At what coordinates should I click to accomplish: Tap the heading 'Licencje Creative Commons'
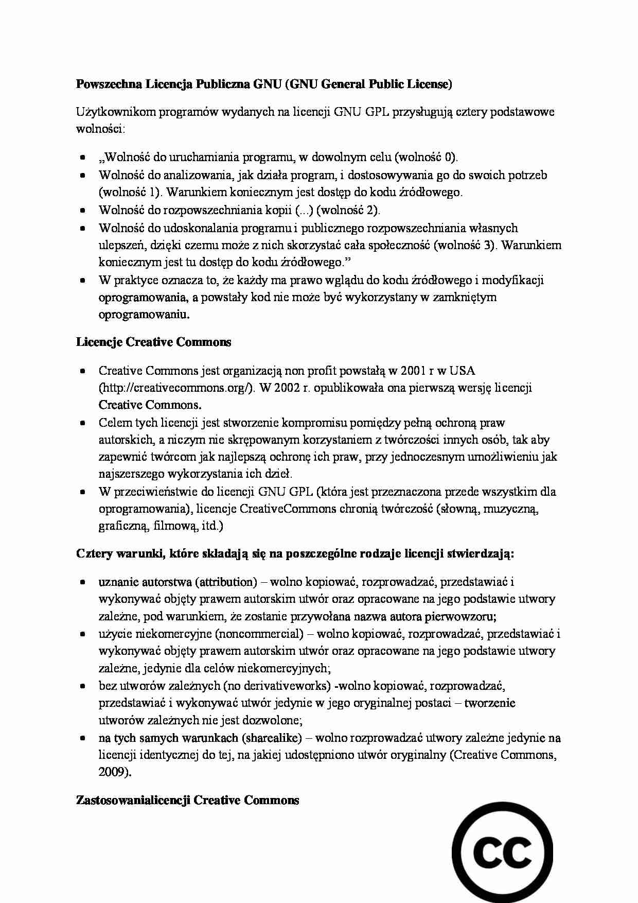(153, 342)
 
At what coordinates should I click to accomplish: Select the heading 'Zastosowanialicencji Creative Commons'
(187, 801)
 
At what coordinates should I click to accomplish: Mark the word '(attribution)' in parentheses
(226, 582)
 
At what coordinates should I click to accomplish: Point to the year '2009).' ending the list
(115, 772)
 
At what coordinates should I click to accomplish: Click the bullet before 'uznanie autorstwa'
(82, 582)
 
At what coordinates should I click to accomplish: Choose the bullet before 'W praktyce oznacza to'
(82, 281)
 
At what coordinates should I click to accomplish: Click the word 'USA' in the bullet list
(462, 371)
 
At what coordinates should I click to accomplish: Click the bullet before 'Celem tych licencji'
(82, 423)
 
